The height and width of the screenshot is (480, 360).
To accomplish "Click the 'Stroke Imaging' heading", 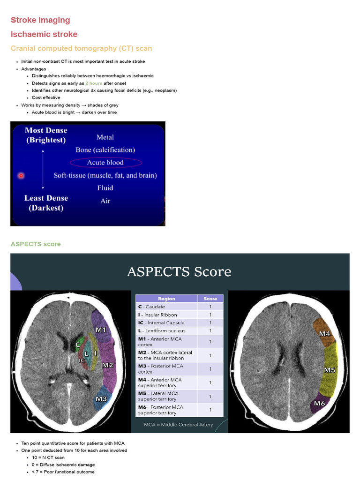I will pyautogui.click(x=40, y=20).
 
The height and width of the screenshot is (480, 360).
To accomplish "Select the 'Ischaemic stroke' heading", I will pyautogui.click(x=44, y=34).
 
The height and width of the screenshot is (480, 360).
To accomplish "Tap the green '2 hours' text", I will pyautogui.click(x=94, y=83).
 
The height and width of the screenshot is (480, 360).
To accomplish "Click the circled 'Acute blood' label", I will pyautogui.click(x=105, y=163).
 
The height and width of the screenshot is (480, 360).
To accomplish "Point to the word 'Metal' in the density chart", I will pyautogui.click(x=105, y=137).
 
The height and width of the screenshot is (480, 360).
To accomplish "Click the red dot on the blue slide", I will pyautogui.click(x=21, y=176).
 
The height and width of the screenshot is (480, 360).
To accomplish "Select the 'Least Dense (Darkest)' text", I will pyautogui.click(x=46, y=203).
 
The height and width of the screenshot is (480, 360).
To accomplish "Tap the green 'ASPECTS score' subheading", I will pyautogui.click(x=36, y=244).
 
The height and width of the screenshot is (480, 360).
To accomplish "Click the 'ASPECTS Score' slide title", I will pyautogui.click(x=179, y=271).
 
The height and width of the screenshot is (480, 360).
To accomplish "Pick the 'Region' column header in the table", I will pyautogui.click(x=166, y=299).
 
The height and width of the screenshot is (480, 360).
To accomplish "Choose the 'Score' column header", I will pyautogui.click(x=210, y=299).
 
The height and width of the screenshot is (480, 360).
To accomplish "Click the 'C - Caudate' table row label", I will pyautogui.click(x=152, y=307).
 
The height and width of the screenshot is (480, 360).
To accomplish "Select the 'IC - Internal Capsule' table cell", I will pyautogui.click(x=162, y=322).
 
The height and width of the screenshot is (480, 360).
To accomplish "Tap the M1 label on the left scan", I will pyautogui.click(x=101, y=330).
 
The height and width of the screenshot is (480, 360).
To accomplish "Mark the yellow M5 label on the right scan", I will pyautogui.click(x=330, y=370).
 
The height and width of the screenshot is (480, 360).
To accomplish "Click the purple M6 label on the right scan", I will pyautogui.click(x=320, y=403).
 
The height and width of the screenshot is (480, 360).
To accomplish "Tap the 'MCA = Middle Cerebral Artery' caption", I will pyautogui.click(x=179, y=425).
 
